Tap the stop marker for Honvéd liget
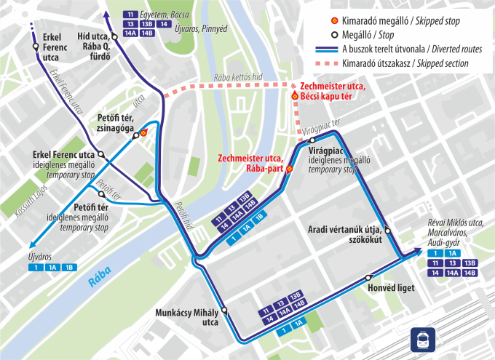click(x=369, y=277)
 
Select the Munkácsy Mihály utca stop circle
click(x=225, y=310)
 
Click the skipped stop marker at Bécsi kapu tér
click(x=295, y=96)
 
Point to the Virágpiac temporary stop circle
click(x=312, y=140)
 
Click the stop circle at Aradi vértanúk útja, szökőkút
click(x=387, y=231)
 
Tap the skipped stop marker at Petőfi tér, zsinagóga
click(x=144, y=132)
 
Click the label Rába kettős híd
click(x=237, y=77)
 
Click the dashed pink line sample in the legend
click(x=314, y=64)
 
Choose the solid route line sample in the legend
click(x=314, y=49)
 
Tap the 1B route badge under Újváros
click(x=68, y=268)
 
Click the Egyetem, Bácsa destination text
click(x=165, y=14)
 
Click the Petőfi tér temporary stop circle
click(x=101, y=195)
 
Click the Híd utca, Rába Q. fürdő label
click(x=93, y=46)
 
